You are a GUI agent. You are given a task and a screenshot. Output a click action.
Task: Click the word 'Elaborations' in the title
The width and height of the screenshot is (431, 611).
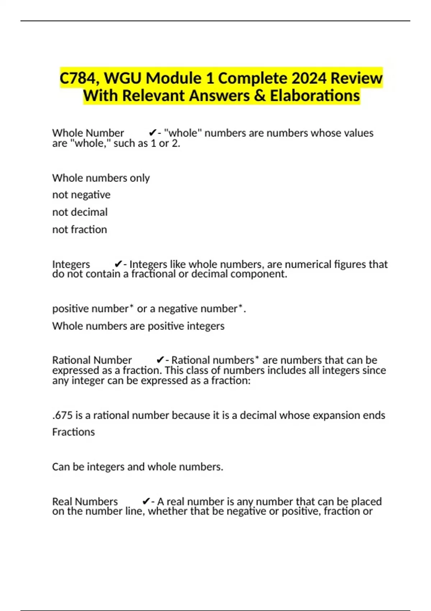[x=315, y=96]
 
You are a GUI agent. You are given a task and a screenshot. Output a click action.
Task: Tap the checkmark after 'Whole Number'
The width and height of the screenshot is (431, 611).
[x=152, y=133]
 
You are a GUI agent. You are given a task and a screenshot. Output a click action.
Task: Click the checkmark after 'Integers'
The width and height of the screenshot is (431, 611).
[x=118, y=264]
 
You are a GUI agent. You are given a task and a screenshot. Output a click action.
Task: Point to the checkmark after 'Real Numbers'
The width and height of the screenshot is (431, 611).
[x=146, y=501]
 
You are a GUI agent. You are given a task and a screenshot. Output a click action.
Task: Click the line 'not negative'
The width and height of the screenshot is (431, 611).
[x=81, y=195]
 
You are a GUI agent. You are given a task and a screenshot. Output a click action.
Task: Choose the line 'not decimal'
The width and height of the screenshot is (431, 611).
[x=80, y=212]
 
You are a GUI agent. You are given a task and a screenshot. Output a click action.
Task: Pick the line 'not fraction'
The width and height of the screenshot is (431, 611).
[x=79, y=229]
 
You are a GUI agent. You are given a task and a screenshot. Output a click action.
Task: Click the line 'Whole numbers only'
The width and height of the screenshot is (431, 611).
[x=101, y=178]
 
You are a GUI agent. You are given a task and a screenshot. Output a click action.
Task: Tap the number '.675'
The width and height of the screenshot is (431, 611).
[x=62, y=415]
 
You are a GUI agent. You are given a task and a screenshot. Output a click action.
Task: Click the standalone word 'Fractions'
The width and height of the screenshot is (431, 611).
[x=73, y=432]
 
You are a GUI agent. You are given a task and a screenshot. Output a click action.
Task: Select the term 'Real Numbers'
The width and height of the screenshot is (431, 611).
[x=85, y=501]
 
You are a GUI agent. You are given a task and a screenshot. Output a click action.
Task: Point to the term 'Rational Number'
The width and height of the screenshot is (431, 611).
[x=92, y=360]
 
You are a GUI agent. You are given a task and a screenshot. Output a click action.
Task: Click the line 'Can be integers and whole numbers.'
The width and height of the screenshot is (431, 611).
[x=138, y=467]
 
